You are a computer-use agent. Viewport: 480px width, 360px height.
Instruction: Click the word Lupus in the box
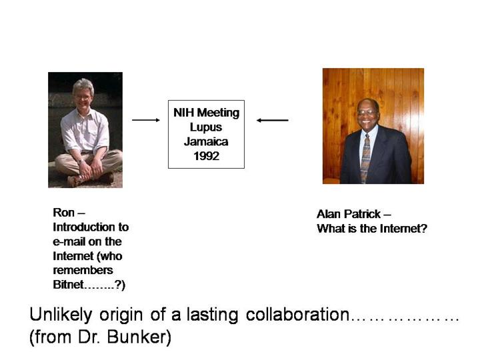(206, 127)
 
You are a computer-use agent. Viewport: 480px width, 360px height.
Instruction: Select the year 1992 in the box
(206, 156)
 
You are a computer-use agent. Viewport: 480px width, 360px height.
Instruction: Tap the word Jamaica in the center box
(206, 142)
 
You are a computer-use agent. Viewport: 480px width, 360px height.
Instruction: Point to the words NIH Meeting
(206, 113)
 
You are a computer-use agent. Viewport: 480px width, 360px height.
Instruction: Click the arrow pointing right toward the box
(146, 120)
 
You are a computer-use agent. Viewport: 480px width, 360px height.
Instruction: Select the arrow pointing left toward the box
(272, 120)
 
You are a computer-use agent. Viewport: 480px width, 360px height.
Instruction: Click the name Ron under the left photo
(64, 213)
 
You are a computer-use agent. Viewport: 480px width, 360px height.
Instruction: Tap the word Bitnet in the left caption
(68, 285)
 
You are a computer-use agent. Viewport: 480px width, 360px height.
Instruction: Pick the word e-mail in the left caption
(69, 241)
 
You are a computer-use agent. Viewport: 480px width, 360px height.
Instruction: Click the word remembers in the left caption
(83, 270)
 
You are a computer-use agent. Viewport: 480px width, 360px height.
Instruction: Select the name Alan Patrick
(349, 214)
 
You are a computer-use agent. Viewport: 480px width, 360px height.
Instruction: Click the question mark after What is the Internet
(424, 229)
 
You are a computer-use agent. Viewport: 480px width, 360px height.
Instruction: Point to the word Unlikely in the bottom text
(61, 315)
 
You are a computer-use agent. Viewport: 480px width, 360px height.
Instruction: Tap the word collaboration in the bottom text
(297, 315)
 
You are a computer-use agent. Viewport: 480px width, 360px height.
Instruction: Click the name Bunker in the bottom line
(139, 337)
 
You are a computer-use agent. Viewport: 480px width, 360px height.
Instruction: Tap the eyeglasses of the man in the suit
(367, 113)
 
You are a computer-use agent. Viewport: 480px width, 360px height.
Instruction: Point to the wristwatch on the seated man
(80, 161)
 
